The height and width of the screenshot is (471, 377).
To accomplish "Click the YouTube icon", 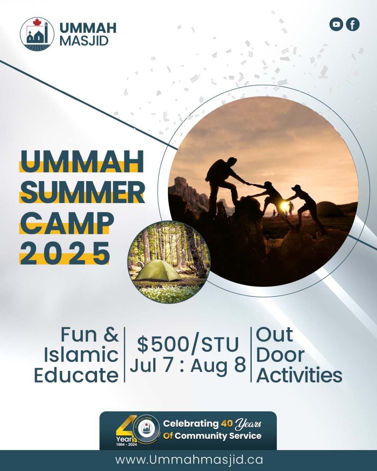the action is pos(336,24).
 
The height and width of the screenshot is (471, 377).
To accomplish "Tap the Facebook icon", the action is pos(353,24).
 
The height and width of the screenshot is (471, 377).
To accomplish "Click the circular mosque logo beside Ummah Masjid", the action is pos(37,34).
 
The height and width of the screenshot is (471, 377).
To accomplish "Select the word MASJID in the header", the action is pos(84,41).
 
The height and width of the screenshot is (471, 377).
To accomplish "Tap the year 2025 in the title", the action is pos(65,254).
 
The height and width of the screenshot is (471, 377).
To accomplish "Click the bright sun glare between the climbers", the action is pos(284,205).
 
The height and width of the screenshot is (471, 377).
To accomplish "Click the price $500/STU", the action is pos(188,345).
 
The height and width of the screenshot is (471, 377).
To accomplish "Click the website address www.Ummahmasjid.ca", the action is pos(189,460).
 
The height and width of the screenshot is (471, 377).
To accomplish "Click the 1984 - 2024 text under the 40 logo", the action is pos(126,445).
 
